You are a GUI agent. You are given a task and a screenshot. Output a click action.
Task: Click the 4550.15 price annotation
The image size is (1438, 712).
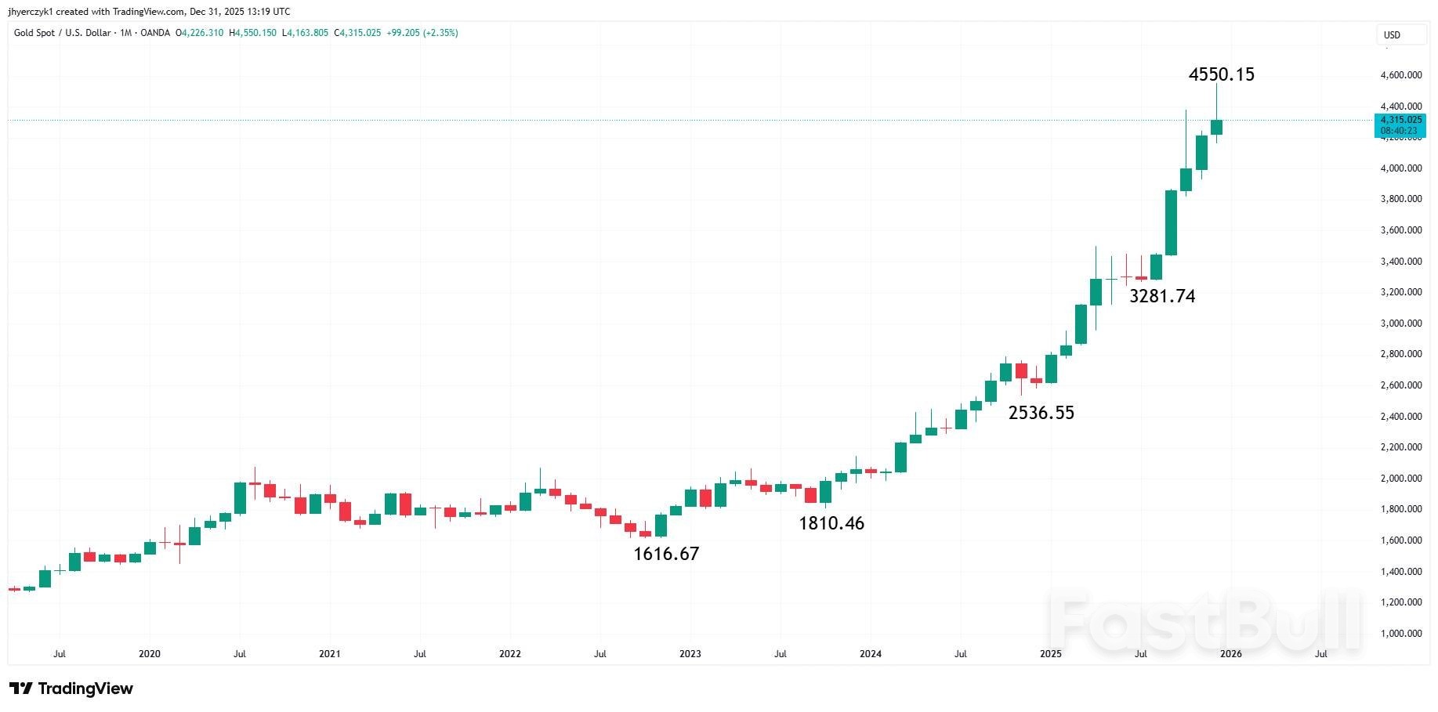pyautogui.click(x=1221, y=74)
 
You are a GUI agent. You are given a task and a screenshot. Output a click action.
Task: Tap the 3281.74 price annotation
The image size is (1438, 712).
pyautogui.click(x=1161, y=296)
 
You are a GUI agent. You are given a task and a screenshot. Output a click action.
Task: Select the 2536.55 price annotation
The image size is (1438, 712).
pyautogui.click(x=1041, y=413)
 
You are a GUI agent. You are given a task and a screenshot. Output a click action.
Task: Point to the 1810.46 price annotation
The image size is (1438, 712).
pyautogui.click(x=831, y=523)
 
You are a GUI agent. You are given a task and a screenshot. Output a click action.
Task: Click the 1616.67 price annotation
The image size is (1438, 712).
pyautogui.click(x=665, y=554)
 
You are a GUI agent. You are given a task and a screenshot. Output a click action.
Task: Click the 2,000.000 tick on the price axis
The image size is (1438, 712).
pyautogui.click(x=1400, y=479)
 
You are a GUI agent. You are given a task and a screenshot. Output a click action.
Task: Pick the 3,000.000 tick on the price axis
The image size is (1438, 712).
pyautogui.click(x=1400, y=323)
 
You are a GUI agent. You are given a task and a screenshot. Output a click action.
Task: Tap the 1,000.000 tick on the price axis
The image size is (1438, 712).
pyautogui.click(x=1400, y=634)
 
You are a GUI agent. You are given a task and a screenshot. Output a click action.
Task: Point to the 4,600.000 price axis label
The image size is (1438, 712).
pyautogui.click(x=1400, y=75)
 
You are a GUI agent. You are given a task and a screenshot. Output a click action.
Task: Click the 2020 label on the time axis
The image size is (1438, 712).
pyautogui.click(x=149, y=654)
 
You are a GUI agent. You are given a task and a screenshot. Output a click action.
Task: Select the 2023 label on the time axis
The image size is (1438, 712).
pyautogui.click(x=690, y=654)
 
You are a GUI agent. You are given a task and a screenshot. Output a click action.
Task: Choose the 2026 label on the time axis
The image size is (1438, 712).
pyautogui.click(x=1230, y=654)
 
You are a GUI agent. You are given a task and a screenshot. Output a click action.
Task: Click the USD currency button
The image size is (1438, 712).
pyautogui.click(x=1392, y=35)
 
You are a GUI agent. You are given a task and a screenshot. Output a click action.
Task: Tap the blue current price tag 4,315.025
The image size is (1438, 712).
pyautogui.click(x=1400, y=120)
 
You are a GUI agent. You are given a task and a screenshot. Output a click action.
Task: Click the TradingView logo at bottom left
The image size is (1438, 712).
pyautogui.click(x=71, y=689)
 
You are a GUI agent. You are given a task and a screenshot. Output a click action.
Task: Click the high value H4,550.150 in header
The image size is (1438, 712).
pyautogui.click(x=252, y=33)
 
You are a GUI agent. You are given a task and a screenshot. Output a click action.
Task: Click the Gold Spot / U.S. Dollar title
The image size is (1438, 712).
pyautogui.click(x=62, y=33)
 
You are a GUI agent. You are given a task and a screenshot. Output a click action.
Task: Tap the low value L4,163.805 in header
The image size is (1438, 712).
pyautogui.click(x=305, y=33)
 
